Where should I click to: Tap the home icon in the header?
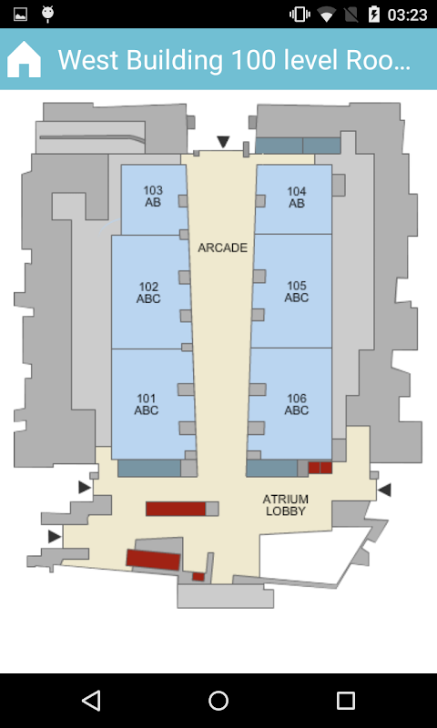[24, 59]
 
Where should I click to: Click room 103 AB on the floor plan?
[153, 199]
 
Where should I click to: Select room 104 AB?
[293, 198]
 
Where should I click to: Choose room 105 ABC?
[292, 291]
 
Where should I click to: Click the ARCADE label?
[222, 248]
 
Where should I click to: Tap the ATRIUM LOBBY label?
[285, 505]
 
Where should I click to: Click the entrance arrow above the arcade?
[223, 142]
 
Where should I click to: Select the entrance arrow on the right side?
[384, 490]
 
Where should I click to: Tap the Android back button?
[91, 700]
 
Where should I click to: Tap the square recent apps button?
[346, 700]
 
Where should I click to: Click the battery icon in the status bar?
[373, 15]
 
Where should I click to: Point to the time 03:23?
[407, 15]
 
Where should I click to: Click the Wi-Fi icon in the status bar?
[327, 15]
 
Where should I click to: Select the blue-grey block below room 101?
[149, 468]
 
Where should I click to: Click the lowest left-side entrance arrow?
[55, 537]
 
